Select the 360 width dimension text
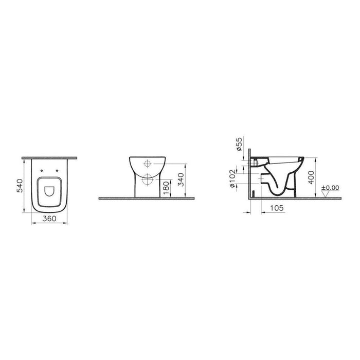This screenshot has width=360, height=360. [49, 219]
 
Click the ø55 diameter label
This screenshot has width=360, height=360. [240, 146]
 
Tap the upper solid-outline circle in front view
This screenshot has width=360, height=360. [147, 165]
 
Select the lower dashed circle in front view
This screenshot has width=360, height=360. [147, 179]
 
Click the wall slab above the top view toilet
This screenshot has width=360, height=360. [50, 157]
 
